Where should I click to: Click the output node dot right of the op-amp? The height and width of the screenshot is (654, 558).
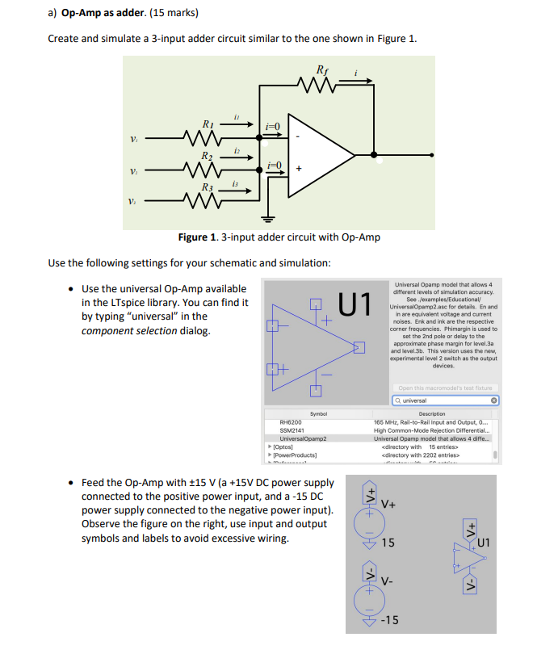point(372,153)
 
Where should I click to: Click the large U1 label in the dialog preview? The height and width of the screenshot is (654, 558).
point(356,305)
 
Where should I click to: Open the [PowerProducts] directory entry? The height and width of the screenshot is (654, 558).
point(297,455)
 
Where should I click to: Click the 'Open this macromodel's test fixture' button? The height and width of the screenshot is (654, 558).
point(445,388)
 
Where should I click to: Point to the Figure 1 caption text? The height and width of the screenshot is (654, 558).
point(279,237)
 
